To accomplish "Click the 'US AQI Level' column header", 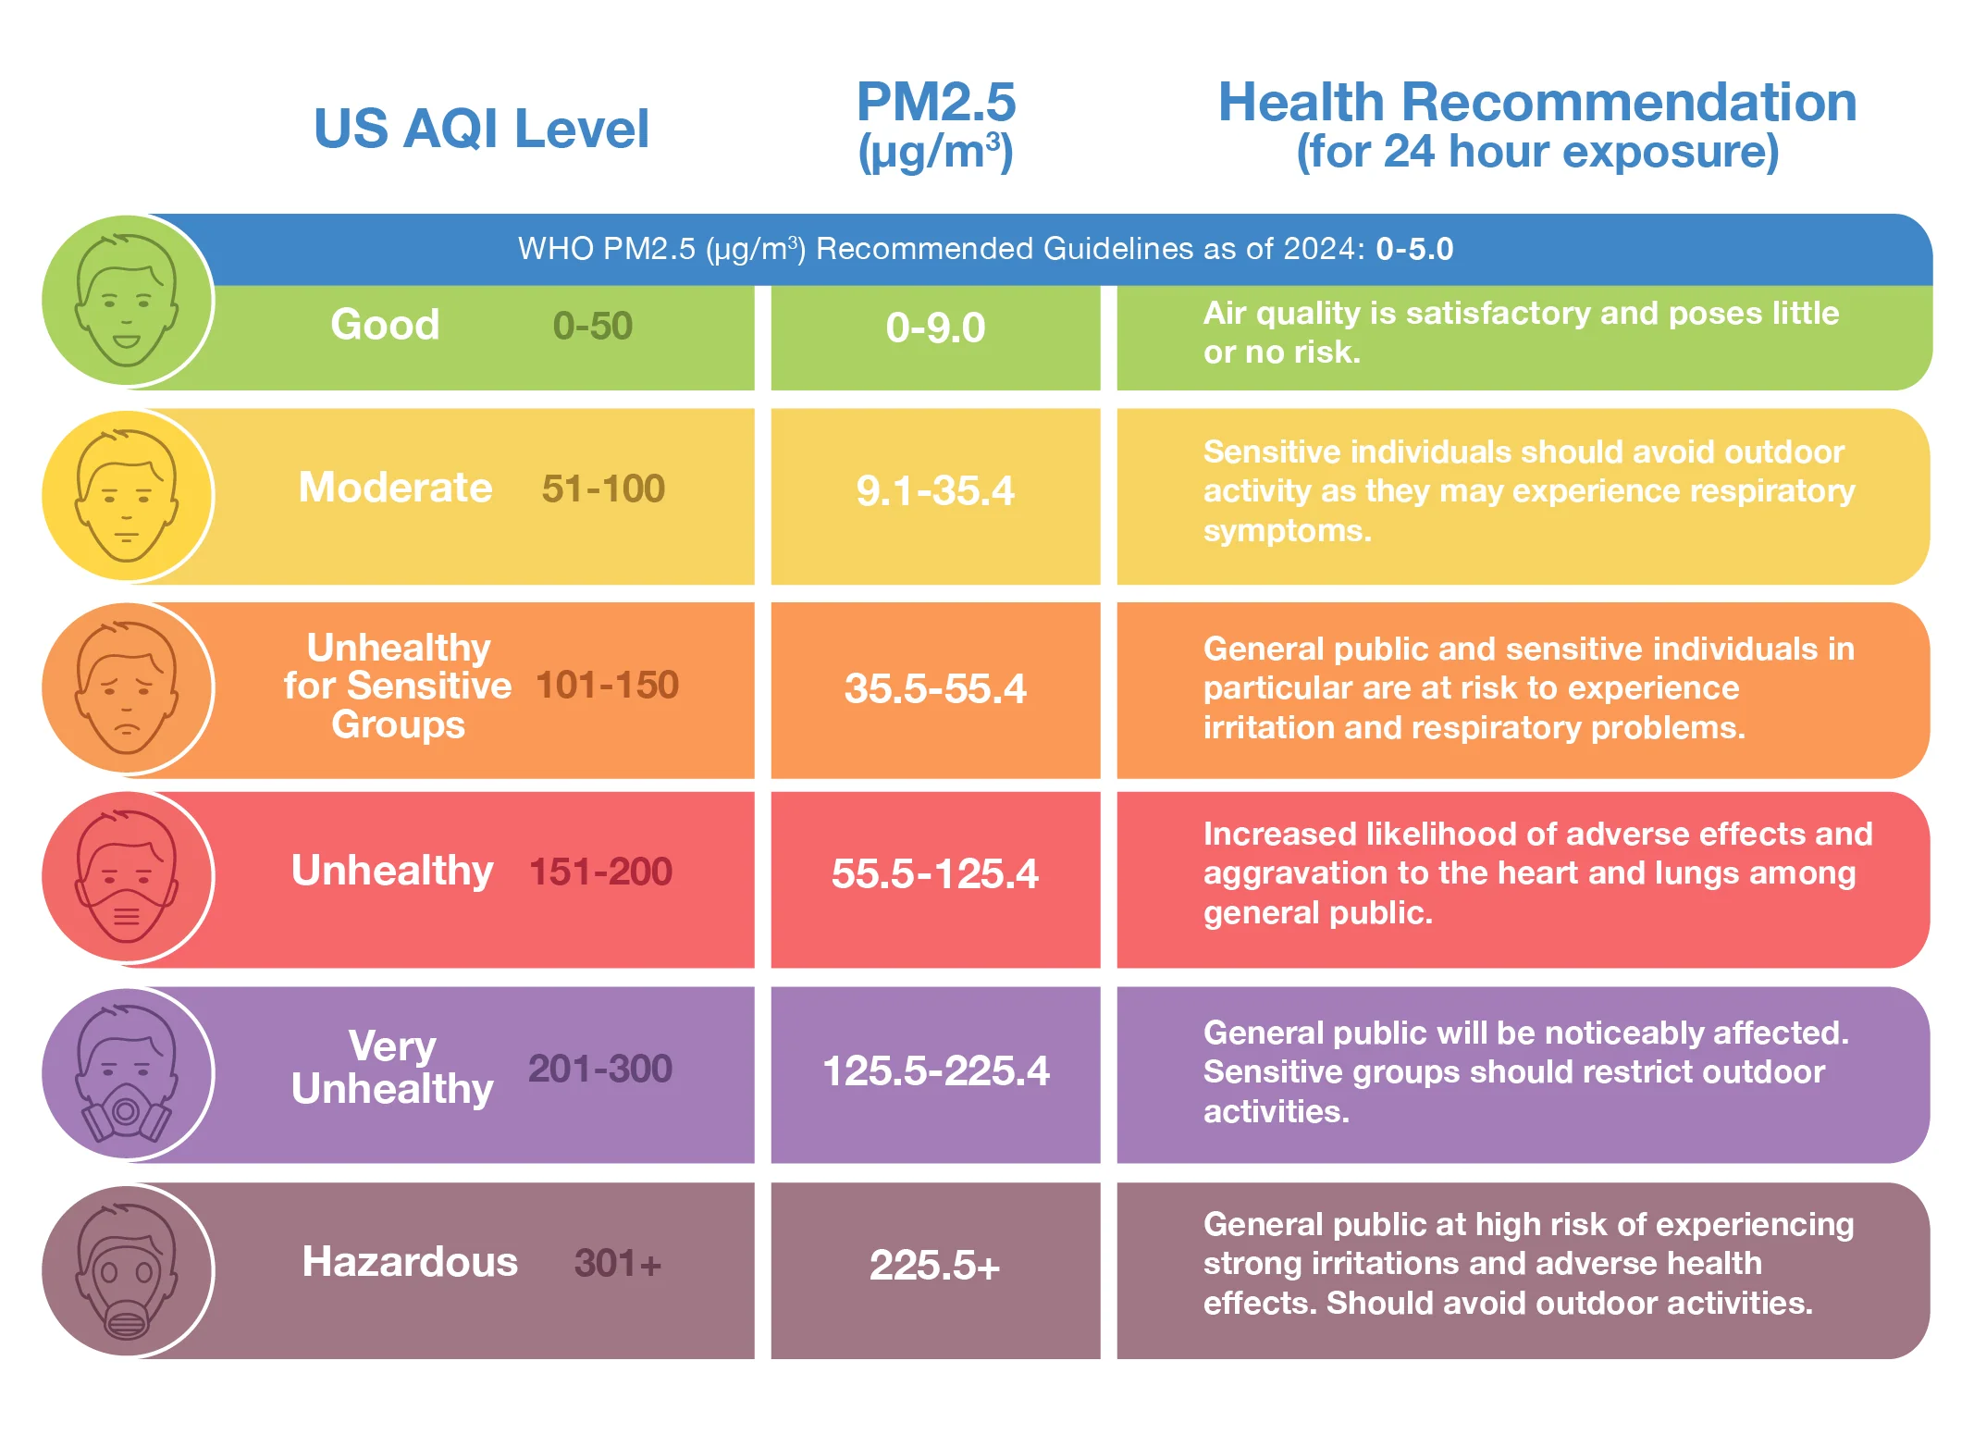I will [x=481, y=129].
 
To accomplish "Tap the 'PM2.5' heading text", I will [x=935, y=102].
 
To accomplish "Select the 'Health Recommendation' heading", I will [x=1536, y=102].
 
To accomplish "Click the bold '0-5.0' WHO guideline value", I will [x=1413, y=249].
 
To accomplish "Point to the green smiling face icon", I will [x=127, y=301].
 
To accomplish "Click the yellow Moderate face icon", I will [x=127, y=496].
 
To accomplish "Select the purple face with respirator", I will [x=127, y=1073].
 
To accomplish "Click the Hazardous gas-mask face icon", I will [x=127, y=1270].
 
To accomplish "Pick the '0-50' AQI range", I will [x=592, y=326].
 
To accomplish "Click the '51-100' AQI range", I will [x=603, y=489].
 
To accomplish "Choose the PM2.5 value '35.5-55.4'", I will [x=935, y=688].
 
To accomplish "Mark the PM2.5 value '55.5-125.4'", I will [x=935, y=873].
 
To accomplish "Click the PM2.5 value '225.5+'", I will [x=935, y=1265].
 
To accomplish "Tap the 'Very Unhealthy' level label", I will [x=392, y=1068].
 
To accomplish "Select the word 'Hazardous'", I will [x=410, y=1262].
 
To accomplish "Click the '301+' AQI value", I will [x=617, y=1263].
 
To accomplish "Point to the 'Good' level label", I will [x=385, y=325].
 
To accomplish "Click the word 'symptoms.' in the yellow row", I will [x=1287, y=531].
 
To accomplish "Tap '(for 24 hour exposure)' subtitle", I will [x=1536, y=152].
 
